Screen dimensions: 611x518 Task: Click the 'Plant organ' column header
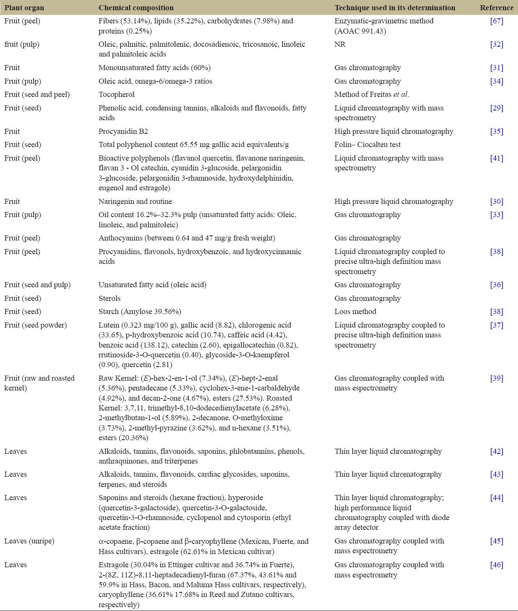click(24, 8)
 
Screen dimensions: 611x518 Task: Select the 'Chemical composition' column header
click(136, 8)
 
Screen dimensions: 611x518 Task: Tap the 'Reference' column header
click(496, 8)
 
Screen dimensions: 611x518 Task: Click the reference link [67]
click(496, 21)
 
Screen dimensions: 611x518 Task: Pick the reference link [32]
click(496, 44)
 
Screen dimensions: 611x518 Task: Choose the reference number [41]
click(496, 158)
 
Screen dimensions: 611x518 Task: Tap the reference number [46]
click(496, 565)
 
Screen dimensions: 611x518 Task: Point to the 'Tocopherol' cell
click(116, 94)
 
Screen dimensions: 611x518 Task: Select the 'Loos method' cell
click(355, 311)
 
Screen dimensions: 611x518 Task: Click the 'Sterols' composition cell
click(110, 298)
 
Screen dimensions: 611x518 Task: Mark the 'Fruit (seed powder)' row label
click(36, 325)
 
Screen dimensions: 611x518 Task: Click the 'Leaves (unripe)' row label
click(29, 541)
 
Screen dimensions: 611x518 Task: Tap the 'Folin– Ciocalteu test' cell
click(368, 144)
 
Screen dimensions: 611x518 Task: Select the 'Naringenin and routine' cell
click(135, 201)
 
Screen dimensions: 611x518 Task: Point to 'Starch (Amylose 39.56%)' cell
click(140, 311)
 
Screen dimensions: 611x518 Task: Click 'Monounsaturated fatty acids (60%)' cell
click(155, 68)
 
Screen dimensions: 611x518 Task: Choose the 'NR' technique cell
click(340, 44)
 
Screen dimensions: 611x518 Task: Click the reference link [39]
click(496, 378)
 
